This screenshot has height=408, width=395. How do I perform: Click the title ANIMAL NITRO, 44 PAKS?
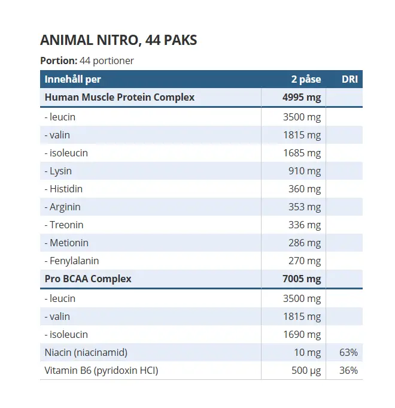click(118, 41)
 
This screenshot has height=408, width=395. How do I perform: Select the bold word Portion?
click(59, 61)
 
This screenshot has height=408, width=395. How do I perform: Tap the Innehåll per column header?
click(73, 79)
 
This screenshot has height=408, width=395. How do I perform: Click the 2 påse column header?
click(306, 79)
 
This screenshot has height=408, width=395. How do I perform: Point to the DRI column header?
click(350, 79)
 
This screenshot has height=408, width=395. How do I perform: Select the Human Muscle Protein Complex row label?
click(120, 97)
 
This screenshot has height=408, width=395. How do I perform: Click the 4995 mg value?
click(302, 97)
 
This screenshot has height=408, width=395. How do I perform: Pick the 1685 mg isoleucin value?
click(302, 153)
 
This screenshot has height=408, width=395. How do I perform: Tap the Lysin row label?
click(58, 171)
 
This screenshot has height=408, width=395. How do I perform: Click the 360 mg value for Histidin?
click(305, 189)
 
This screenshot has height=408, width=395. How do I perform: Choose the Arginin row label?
click(62, 207)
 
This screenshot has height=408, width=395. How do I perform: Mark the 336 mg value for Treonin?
click(305, 225)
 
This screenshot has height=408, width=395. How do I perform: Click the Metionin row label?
click(66, 243)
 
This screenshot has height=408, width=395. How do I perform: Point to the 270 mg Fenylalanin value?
click(305, 261)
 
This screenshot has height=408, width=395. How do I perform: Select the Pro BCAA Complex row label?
click(88, 279)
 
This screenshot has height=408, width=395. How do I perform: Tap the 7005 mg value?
click(302, 279)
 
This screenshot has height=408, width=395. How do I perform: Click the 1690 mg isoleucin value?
click(302, 334)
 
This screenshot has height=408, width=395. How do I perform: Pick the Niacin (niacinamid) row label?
click(86, 352)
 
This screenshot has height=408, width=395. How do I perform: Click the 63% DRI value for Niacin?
click(348, 352)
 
